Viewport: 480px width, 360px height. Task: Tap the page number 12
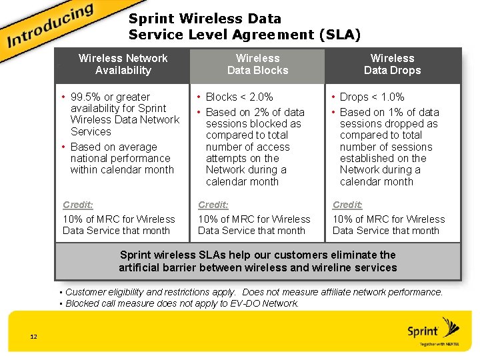(33, 336)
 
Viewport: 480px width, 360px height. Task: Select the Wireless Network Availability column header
(123, 64)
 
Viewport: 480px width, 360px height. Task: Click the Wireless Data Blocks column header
(257, 64)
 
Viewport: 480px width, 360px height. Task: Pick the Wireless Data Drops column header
(392, 64)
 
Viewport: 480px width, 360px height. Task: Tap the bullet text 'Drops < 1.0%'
(372, 97)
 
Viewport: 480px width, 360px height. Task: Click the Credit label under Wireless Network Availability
(77, 205)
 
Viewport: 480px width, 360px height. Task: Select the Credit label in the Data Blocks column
(213, 205)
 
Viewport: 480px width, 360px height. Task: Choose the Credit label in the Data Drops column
(347, 205)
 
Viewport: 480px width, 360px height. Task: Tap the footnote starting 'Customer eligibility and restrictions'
(253, 292)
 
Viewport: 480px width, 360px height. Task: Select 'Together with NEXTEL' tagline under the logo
(439, 344)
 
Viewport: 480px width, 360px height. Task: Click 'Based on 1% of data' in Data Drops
(389, 112)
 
